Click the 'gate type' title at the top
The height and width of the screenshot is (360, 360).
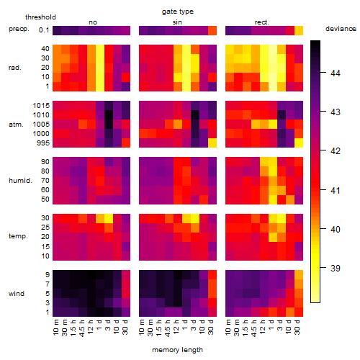pos(178,12)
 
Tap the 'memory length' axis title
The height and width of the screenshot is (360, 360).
pos(177,350)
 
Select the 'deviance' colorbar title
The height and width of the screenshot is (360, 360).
pos(341,29)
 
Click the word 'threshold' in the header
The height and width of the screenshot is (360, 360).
pos(40,17)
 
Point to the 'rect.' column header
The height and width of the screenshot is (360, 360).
pos(262,22)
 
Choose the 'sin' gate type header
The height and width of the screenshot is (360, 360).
pos(177,22)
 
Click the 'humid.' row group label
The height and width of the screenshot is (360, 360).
pos(20,181)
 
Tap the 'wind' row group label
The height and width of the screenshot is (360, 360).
pos(17,294)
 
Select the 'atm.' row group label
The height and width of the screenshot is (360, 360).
pos(16,125)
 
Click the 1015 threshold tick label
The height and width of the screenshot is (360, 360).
pos(41,106)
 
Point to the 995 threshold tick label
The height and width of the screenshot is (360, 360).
pos(43,143)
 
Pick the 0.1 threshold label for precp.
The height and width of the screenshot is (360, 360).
pos(44,30)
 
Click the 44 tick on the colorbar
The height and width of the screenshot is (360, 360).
pos(336,73)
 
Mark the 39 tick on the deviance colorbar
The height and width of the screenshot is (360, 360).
pos(336,268)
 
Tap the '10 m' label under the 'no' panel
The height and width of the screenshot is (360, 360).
pos(55,327)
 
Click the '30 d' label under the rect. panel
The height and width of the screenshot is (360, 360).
pos(297,327)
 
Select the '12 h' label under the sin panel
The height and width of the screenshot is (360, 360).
pos(176,327)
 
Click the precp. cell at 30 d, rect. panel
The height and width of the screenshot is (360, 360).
pos(299,30)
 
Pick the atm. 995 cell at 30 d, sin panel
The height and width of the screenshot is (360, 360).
pos(212,143)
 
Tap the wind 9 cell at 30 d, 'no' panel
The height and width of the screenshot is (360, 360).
pos(126,274)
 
